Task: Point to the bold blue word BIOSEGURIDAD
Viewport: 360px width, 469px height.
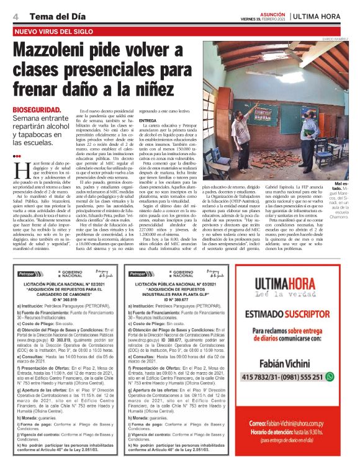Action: [x=38, y=109]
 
